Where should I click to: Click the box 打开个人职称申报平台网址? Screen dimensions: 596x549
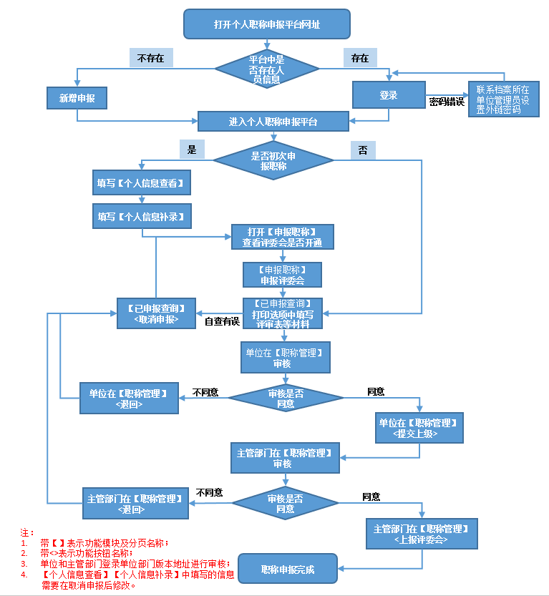click(x=266, y=24)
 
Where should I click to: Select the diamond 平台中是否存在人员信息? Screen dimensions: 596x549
click(x=266, y=69)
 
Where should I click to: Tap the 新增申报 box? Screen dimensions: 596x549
click(x=77, y=98)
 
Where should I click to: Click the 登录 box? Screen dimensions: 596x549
click(x=389, y=95)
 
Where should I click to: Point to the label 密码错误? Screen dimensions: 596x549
click(x=447, y=102)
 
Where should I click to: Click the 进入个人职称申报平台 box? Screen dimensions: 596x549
click(x=273, y=122)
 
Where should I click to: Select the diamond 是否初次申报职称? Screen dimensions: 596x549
click(x=273, y=160)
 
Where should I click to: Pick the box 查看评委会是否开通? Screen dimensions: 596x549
click(x=282, y=238)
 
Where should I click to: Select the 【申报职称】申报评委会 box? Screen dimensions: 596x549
click(x=282, y=275)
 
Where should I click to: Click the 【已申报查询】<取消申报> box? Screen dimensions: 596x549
click(x=157, y=313)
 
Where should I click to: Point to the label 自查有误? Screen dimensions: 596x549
click(x=221, y=322)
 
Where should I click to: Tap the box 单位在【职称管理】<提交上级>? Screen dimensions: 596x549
click(x=419, y=428)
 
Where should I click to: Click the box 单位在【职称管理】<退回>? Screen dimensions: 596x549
click(x=129, y=399)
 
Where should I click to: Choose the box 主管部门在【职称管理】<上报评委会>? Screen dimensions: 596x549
click(x=421, y=534)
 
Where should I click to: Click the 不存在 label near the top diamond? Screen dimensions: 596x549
click(x=151, y=58)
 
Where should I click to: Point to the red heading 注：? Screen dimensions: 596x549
click(x=27, y=533)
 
